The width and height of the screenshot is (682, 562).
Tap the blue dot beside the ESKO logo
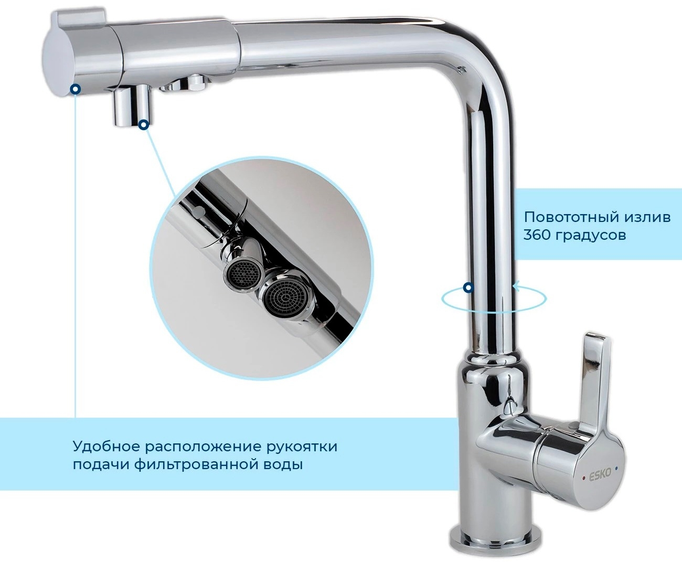[x=616, y=468]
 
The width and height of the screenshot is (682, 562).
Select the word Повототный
[x=571, y=217]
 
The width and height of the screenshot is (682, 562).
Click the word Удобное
[x=106, y=446]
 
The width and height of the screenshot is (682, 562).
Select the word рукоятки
[x=302, y=447]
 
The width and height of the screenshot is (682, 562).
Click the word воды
[x=281, y=465]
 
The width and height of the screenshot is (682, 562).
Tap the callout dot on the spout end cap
[x=76, y=89]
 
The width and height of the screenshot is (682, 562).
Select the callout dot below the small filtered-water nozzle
[x=144, y=124]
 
